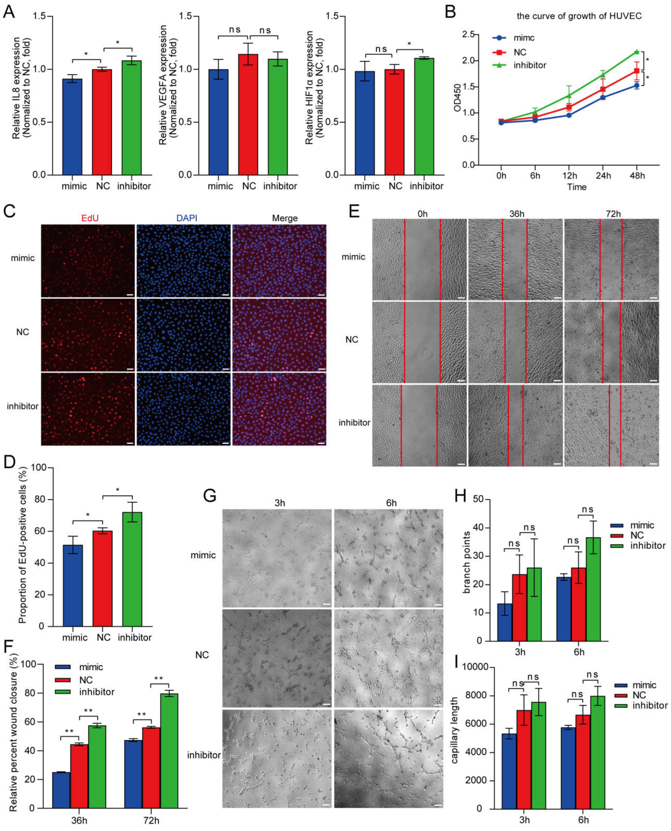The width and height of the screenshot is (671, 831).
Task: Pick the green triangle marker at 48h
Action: (x=637, y=52)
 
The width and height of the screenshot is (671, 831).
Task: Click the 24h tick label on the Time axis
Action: (x=603, y=176)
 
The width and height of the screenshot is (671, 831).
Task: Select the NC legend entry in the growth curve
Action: (x=520, y=52)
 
